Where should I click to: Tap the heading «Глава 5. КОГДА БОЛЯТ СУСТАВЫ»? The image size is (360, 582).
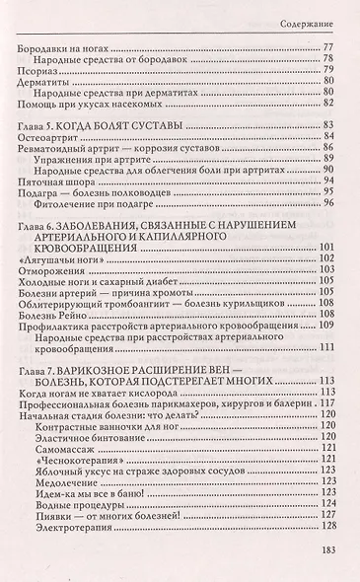(x=98, y=128)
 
